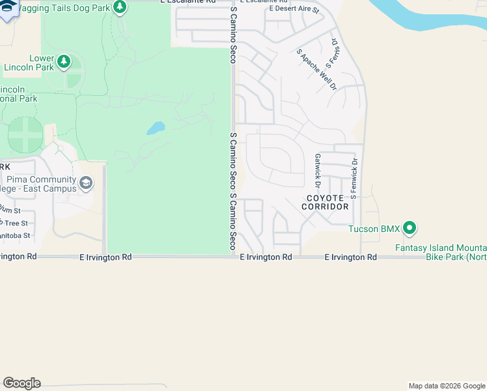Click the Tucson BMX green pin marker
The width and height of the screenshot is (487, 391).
(x=410, y=229)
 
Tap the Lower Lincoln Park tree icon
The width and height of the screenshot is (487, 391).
(x=63, y=62)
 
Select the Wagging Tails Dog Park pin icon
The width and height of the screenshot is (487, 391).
(x=119, y=7)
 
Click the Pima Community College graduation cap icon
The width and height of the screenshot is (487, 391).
(x=86, y=184)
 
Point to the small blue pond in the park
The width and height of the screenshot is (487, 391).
(x=156, y=128)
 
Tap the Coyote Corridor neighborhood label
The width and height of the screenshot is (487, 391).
(x=325, y=202)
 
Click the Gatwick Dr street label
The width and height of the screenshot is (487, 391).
(x=317, y=166)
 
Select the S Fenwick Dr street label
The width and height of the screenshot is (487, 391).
(x=354, y=178)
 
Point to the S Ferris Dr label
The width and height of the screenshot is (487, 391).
(x=335, y=50)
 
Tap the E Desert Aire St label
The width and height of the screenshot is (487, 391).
(x=294, y=10)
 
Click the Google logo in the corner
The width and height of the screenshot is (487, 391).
(x=21, y=383)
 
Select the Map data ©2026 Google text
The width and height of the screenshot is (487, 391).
(x=447, y=386)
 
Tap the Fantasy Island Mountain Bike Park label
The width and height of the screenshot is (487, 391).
(x=441, y=252)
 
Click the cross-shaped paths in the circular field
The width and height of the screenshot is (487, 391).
(x=25, y=136)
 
